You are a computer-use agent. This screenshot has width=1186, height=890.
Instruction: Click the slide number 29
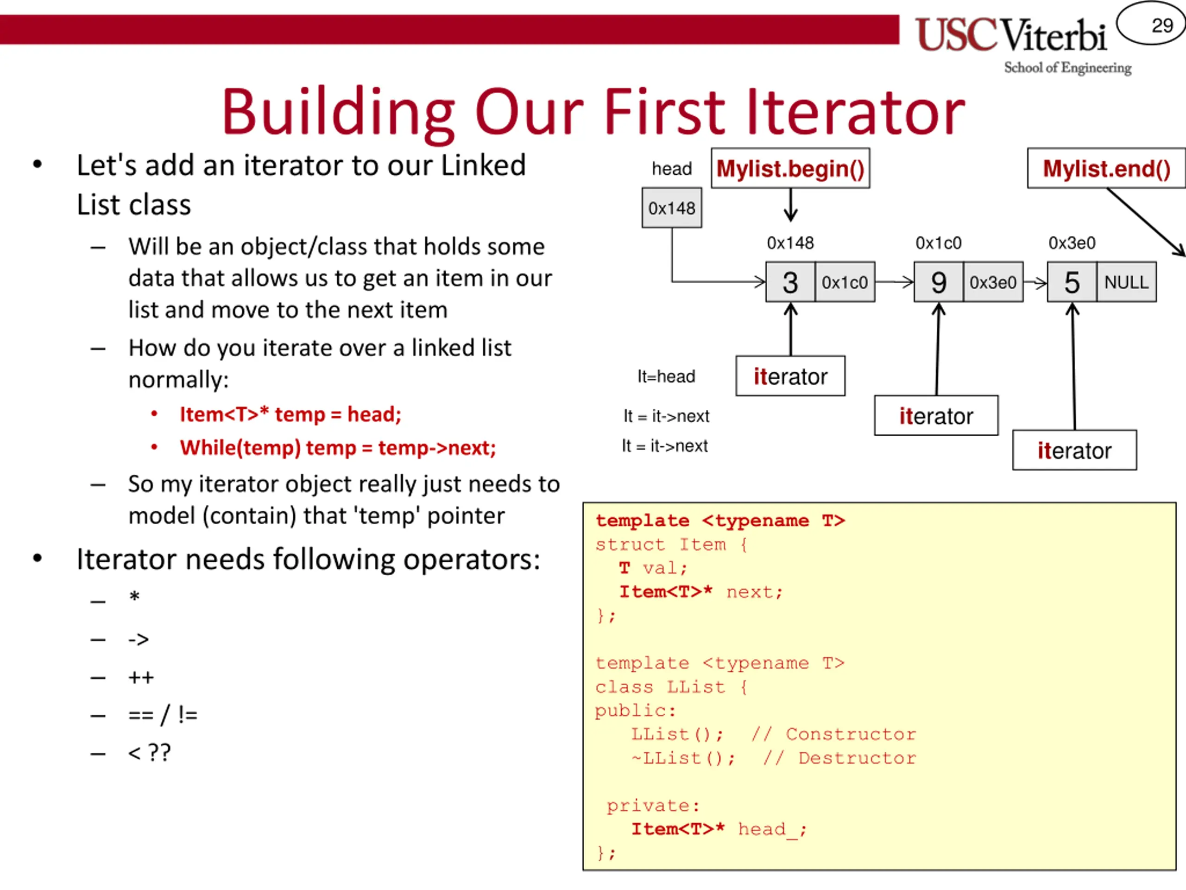pos(1161,25)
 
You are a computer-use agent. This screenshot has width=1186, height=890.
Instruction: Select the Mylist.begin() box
pos(790,168)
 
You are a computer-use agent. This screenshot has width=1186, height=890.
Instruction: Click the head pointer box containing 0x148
pos(671,208)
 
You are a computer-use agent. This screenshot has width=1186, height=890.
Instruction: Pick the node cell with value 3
pos(790,282)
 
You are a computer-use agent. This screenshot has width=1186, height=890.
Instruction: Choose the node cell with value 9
pos(938,282)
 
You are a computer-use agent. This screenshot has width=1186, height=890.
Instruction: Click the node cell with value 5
pos(1071,282)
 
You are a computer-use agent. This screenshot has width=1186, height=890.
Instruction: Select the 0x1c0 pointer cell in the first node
pos(845,282)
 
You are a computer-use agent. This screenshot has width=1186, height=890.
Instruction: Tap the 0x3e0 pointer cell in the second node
pos(992,282)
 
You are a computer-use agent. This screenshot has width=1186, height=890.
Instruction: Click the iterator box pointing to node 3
pos(790,376)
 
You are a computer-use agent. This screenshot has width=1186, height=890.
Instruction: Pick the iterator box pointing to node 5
pos(1074,450)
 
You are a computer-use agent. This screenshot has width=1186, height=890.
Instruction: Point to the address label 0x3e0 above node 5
pos(1071,243)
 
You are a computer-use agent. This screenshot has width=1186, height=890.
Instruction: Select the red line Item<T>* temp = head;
pos(290,414)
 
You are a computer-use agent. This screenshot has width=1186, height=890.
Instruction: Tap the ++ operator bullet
pos(141,677)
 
